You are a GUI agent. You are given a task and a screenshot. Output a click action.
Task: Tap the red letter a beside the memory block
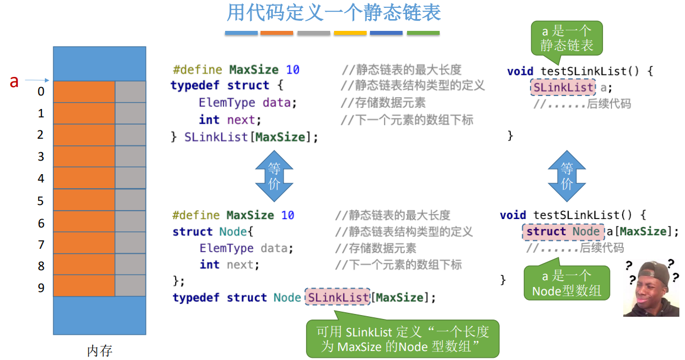point(14,81)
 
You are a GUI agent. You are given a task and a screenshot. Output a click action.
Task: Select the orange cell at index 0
point(84,92)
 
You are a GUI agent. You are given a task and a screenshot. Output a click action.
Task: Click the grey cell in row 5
point(130,200)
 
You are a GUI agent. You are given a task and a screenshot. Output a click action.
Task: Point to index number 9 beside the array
point(41,288)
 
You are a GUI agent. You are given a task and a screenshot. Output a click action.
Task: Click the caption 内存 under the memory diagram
point(99,351)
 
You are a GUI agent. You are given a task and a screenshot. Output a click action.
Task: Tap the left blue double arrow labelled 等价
point(274,176)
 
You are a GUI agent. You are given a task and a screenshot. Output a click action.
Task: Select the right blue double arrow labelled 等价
point(567,176)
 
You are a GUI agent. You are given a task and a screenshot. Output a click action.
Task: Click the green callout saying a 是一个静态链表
point(567,38)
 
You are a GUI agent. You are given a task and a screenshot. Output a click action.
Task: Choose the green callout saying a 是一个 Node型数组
point(567,283)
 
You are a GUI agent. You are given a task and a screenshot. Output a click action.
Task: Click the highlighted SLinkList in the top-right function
point(563,88)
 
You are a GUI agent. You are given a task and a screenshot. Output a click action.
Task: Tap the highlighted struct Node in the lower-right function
point(563,231)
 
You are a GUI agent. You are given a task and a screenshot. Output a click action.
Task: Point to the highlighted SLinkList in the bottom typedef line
point(337,298)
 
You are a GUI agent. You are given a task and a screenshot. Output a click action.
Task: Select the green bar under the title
point(423,33)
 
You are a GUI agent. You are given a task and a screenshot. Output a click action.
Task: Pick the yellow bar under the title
point(350,33)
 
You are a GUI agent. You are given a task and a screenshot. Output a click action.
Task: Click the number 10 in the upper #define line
point(293,70)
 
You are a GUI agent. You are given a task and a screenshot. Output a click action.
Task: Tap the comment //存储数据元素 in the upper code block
point(383,103)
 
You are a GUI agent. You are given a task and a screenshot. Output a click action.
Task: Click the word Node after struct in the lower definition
point(232,231)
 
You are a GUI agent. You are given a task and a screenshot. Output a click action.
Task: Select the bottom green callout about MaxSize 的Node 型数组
point(402,339)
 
